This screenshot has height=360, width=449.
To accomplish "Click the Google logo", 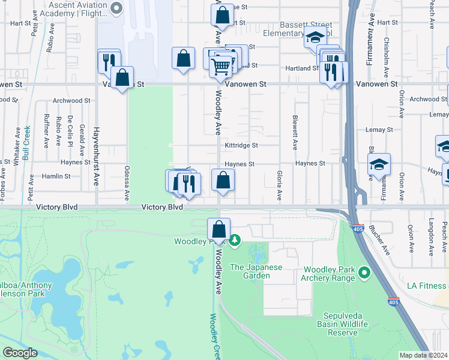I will (20, 353).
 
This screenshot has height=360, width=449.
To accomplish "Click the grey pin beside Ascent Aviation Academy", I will (117, 8).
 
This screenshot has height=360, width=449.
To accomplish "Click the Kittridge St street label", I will (241, 145).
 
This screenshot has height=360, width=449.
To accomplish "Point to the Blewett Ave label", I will (295, 133).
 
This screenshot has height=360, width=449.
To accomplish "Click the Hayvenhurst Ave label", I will (95, 155).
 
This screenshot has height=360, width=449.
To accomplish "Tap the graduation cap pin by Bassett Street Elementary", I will (315, 37).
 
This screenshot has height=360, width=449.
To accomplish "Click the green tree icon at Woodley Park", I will (235, 241).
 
